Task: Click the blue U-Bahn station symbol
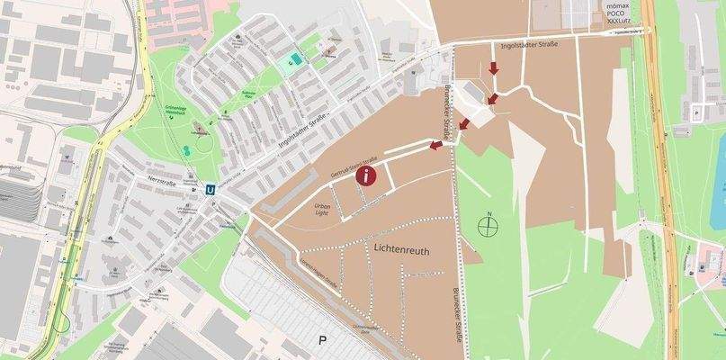tap(210, 190)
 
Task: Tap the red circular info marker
tap(367, 175)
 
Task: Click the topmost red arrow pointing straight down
tap(493, 68)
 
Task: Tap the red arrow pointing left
tap(435, 144)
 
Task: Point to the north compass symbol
tap(489, 226)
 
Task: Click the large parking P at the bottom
tap(322, 339)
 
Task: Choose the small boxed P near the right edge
tap(697, 113)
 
